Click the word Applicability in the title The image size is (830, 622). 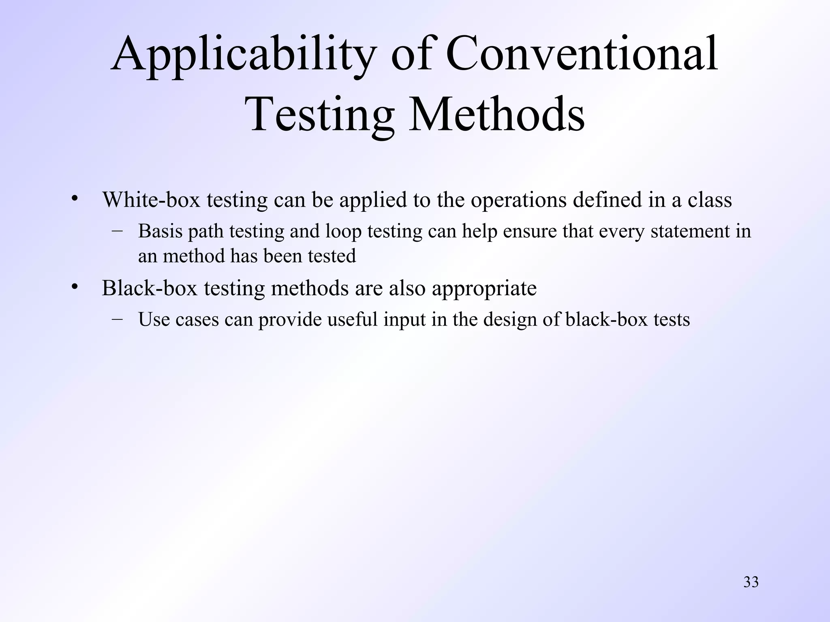pyautogui.click(x=243, y=55)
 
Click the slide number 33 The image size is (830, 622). pyautogui.click(x=751, y=582)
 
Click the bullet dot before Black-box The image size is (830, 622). pyautogui.click(x=74, y=287)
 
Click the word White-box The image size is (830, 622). pyautogui.click(x=151, y=200)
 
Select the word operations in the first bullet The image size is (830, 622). pyautogui.click(x=518, y=200)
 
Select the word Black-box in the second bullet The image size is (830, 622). pyautogui.click(x=150, y=288)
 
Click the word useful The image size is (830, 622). pyautogui.click(x=352, y=320)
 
